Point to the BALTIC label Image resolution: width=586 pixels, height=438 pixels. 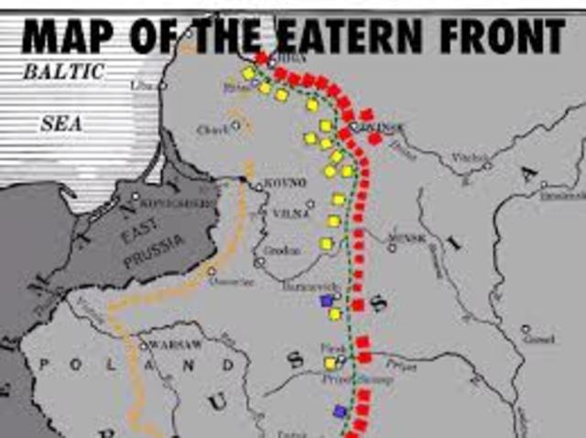click(x=64, y=70)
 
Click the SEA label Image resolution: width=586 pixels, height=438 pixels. click(x=60, y=123)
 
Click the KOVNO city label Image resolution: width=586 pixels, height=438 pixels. click(x=283, y=183)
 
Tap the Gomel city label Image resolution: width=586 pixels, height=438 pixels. click(x=540, y=338)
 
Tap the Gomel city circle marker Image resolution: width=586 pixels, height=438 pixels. click(x=526, y=329)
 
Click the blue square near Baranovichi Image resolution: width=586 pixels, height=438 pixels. click(x=326, y=300)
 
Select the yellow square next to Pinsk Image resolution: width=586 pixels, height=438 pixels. click(x=331, y=363)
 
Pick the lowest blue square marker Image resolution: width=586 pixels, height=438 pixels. click(x=341, y=411)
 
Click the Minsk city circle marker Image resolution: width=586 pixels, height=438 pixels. click(x=392, y=247)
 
